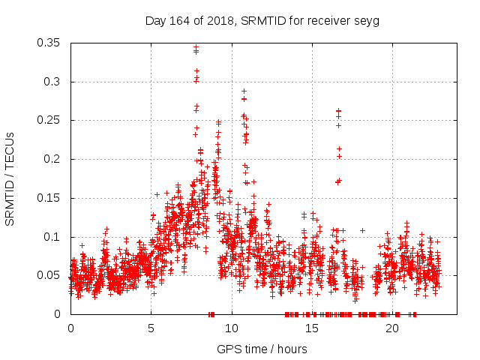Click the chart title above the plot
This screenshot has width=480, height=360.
click(262, 20)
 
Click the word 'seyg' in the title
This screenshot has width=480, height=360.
click(367, 20)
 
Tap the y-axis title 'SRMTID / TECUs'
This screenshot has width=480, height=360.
click(10, 178)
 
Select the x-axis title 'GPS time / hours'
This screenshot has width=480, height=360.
click(262, 349)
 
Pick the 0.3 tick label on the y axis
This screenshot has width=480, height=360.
click(52, 82)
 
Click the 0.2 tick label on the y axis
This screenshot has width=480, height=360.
click(52, 159)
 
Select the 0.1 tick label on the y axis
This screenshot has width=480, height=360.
click(52, 236)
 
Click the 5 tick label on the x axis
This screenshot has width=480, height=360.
click(151, 329)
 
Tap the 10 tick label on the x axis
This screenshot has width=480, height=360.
click(231, 329)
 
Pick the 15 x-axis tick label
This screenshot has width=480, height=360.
click(311, 329)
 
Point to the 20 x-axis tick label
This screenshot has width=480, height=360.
click(391, 329)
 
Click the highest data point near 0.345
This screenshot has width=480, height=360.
click(196, 47)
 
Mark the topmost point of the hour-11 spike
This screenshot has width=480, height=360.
click(244, 91)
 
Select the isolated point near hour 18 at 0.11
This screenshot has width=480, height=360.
click(362, 230)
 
